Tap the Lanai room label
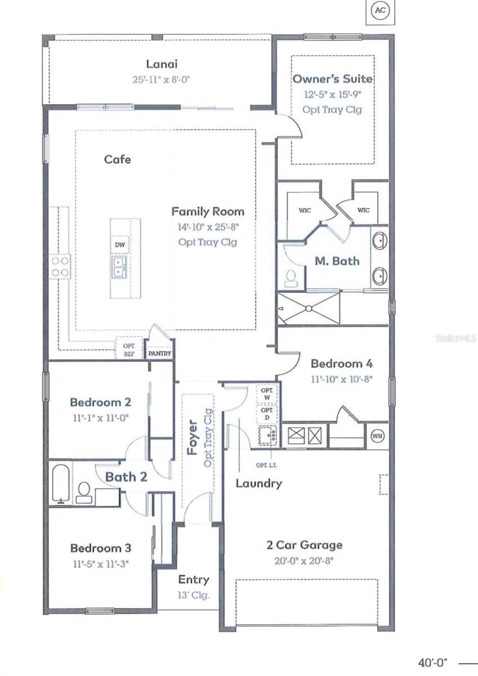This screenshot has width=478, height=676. point(162,64)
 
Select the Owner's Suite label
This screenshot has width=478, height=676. point(332,79)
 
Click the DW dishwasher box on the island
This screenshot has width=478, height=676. point(119,244)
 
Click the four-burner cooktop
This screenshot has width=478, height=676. point(60,266)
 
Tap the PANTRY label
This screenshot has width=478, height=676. point(159,354)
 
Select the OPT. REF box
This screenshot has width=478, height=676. point(128,349)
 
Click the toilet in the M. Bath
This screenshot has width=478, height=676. point(292,278)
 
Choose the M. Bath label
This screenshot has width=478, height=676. point(337,261)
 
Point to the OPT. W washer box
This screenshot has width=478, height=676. point(267,394)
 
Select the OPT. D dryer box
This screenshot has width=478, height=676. point(267,414)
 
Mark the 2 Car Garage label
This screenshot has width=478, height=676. point(304,545)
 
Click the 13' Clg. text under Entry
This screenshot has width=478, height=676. point(194,595)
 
